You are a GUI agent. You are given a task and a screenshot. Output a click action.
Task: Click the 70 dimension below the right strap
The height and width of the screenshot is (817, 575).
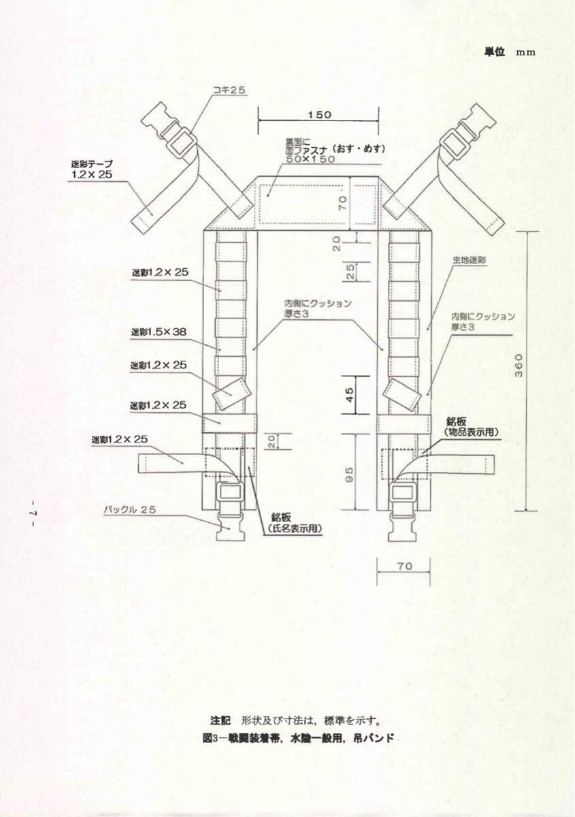tap(404, 565)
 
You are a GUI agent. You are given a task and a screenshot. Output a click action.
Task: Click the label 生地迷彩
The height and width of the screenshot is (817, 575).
tap(469, 260)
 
